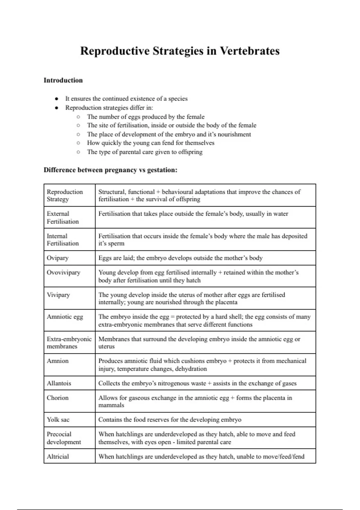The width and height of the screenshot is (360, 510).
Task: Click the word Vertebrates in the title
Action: pyautogui.click(x=250, y=51)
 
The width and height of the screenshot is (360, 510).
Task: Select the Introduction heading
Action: pyautogui.click(x=63, y=80)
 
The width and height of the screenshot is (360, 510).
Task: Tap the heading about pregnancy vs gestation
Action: pyautogui.click(x=110, y=170)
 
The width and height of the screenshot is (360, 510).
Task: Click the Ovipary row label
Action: pyautogui.click(x=58, y=258)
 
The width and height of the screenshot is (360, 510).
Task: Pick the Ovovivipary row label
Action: pyautogui.click(x=64, y=272)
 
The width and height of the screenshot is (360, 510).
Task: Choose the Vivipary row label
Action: pyautogui.click(x=58, y=295)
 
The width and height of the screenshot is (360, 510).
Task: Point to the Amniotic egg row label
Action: pyautogui.click(x=65, y=317)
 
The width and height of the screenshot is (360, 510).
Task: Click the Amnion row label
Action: pyautogui.click(x=58, y=361)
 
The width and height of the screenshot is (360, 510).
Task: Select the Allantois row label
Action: pyautogui.click(x=59, y=383)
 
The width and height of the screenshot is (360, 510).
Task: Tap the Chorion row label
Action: pyautogui.click(x=58, y=398)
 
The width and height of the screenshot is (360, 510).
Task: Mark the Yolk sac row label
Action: pyautogui.click(x=58, y=420)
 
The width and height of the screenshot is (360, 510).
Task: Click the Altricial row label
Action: pyautogui.click(x=58, y=457)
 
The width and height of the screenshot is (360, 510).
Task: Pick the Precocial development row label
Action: pyautogui.click(x=64, y=438)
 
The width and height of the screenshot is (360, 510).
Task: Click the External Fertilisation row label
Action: pyautogui.click(x=62, y=217)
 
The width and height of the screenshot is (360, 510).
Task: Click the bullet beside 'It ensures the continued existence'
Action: pyautogui.click(x=56, y=99)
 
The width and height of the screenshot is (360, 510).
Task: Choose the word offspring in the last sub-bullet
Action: pyautogui.click(x=190, y=152)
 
